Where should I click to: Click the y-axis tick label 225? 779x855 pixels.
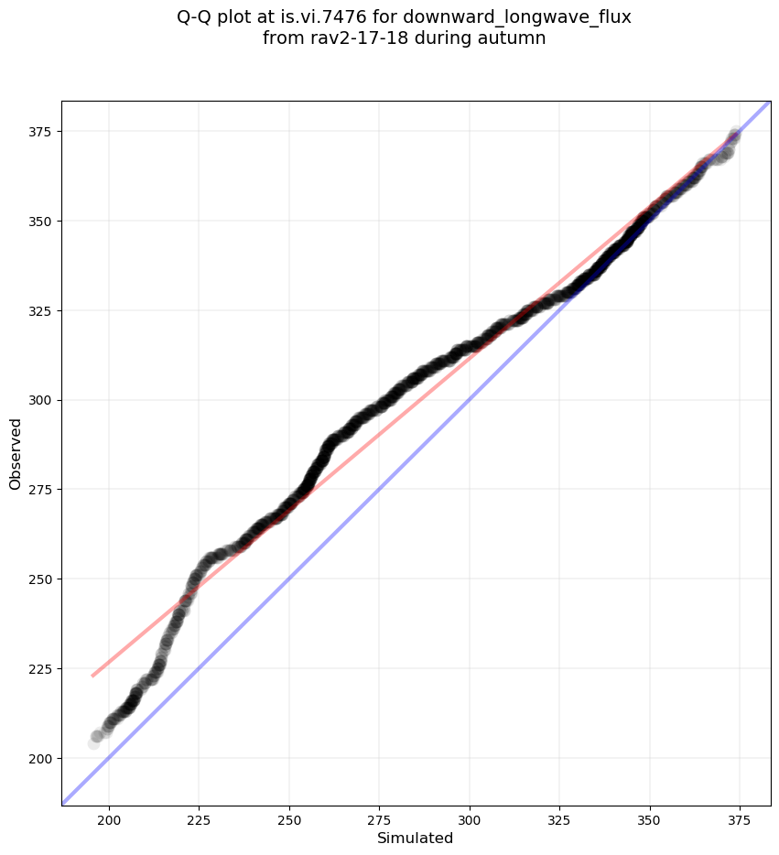pos(40,669)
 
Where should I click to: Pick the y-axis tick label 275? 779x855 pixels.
pos(40,490)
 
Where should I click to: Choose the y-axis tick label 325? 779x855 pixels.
pos(40,311)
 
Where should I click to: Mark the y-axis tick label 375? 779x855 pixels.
pos(40,132)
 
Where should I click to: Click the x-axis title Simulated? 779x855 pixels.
pos(416,838)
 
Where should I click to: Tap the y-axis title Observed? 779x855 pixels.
pos(16,453)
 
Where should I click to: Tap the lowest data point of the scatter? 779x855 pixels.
pos(93,743)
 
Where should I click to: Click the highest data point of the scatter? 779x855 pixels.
pos(735,135)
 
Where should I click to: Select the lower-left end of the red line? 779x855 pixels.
pos(92,676)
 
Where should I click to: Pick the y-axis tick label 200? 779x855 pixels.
pos(40,759)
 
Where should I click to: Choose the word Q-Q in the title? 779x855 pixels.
pos(195,17)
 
